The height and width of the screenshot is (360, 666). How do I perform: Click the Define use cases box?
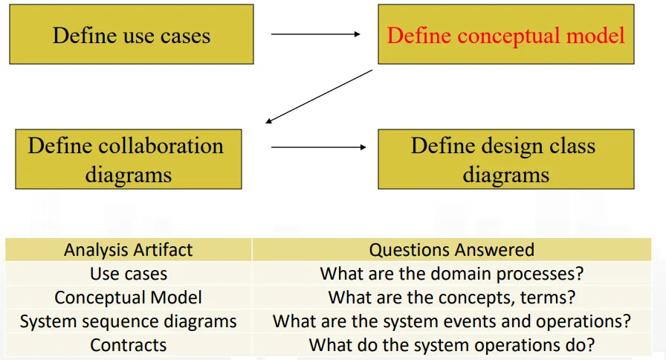[131, 34]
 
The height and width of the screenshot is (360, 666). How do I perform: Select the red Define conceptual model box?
[505, 34]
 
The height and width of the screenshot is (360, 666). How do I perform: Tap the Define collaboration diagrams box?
[128, 159]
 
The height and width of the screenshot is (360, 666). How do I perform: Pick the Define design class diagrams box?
[505, 159]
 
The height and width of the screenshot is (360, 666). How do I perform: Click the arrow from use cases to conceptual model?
[315, 34]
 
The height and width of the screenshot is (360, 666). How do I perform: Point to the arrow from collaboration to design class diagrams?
[318, 147]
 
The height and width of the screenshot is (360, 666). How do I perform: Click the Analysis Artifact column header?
[128, 250]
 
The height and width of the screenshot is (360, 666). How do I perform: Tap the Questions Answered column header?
[451, 250]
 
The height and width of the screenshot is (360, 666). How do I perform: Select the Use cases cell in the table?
[128, 274]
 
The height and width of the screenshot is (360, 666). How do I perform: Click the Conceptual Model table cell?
[128, 298]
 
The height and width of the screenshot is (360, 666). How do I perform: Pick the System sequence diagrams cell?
[128, 321]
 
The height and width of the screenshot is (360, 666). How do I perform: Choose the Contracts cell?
[128, 345]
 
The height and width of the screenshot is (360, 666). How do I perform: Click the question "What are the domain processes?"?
[451, 274]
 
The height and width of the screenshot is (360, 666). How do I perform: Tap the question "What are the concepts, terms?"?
[451, 298]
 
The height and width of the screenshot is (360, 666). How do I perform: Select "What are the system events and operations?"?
[451, 321]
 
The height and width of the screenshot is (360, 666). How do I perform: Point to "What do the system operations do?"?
[451, 345]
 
